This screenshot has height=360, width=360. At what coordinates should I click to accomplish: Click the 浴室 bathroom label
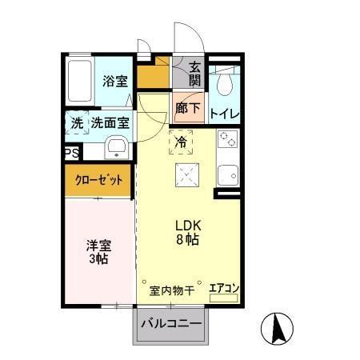click(115, 81)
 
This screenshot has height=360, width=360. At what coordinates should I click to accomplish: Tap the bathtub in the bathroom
click(80, 82)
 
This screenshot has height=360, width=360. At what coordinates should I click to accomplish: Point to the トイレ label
click(224, 114)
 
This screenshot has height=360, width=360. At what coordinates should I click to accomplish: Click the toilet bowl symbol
click(225, 84)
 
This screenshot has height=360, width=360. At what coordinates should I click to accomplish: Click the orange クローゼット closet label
click(99, 180)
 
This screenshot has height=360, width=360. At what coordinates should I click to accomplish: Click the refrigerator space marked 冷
click(181, 142)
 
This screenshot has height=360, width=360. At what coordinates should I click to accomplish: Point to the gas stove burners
click(226, 140)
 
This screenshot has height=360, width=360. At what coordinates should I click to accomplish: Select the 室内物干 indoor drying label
click(172, 290)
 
